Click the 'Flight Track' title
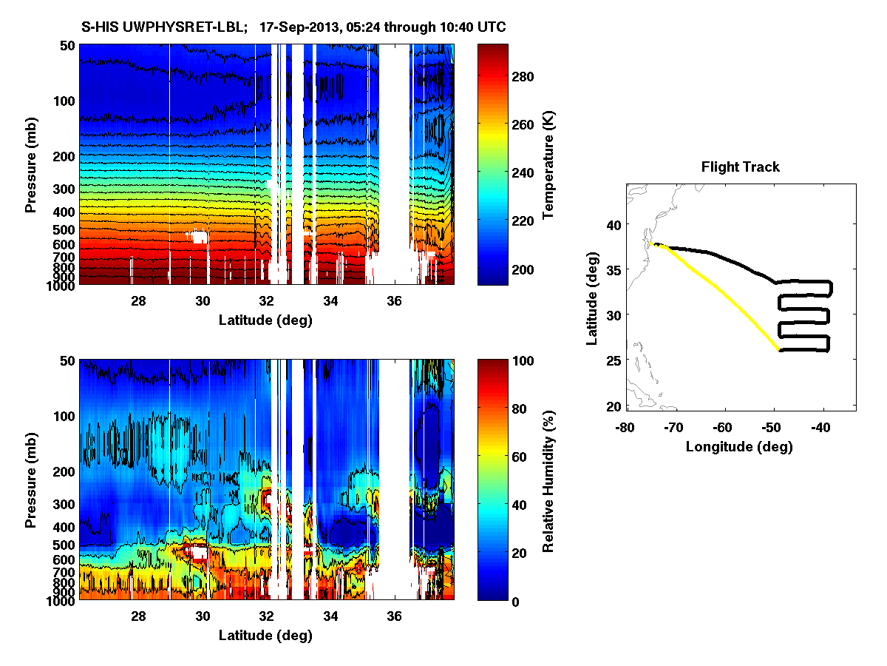[740, 167]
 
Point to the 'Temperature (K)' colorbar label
[549, 164]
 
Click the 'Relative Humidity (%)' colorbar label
[549, 480]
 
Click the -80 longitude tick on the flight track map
[626, 427]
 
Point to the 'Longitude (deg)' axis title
[739, 446]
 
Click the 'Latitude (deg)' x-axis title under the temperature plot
[265, 320]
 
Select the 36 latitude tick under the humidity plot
[394, 616]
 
